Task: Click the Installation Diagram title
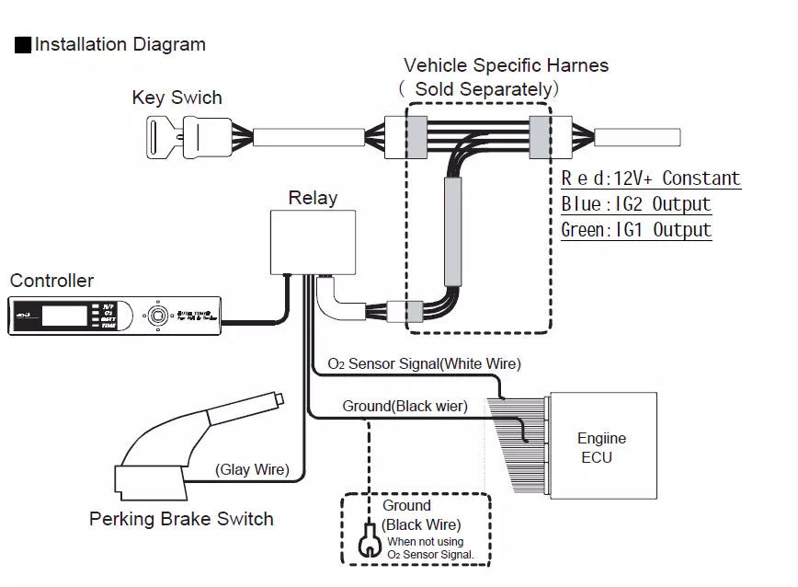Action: tap(120, 44)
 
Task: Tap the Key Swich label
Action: tap(177, 98)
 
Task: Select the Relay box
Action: tap(313, 241)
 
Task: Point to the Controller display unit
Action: tap(115, 316)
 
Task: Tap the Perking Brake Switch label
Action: tap(181, 519)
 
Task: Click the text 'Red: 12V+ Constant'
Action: tap(651, 178)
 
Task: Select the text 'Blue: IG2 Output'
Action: tap(636, 204)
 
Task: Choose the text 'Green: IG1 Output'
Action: tap(636, 229)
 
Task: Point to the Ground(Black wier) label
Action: tap(405, 406)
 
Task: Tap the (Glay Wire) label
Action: tap(252, 469)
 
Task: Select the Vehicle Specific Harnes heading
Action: tap(506, 66)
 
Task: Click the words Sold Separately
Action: tap(484, 89)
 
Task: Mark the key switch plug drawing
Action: tap(207, 137)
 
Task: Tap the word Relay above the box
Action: tap(313, 198)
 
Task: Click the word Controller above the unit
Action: tap(51, 281)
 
